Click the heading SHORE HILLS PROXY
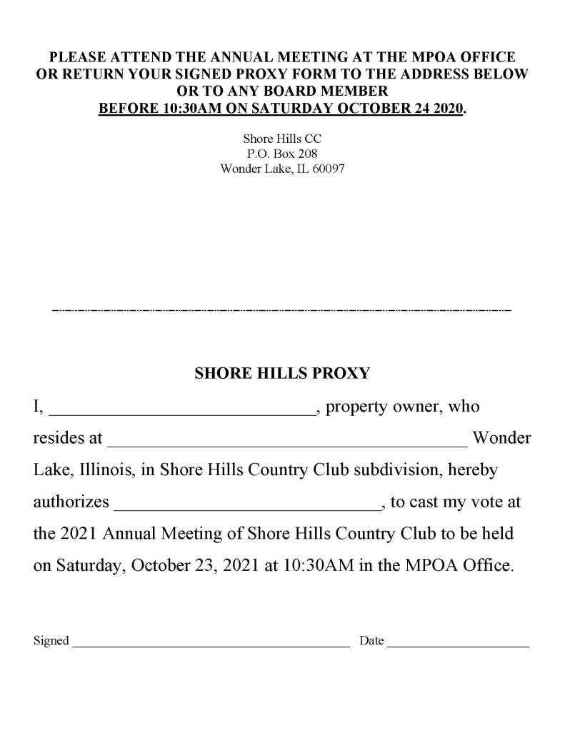(x=282, y=373)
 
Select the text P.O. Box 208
(x=282, y=154)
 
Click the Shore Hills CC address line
(x=282, y=139)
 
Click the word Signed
(x=51, y=641)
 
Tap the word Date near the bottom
(x=371, y=641)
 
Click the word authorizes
(x=71, y=502)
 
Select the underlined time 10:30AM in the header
(x=179, y=109)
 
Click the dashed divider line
(x=282, y=311)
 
